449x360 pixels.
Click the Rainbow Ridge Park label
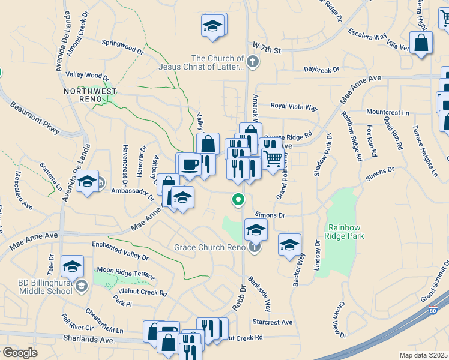coord(346,232)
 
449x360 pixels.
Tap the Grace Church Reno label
coord(209,247)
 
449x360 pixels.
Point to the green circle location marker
coord(238,199)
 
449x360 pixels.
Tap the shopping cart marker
coord(273,158)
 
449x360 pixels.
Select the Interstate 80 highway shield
coord(433,310)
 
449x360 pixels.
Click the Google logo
coord(20,352)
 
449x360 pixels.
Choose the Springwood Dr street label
coord(123,47)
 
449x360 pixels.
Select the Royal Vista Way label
coord(294,107)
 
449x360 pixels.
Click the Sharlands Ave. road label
coord(89,340)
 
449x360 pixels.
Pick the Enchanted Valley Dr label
coord(120,250)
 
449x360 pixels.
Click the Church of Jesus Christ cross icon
coord(253,61)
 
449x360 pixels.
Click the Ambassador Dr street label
coord(133,191)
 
